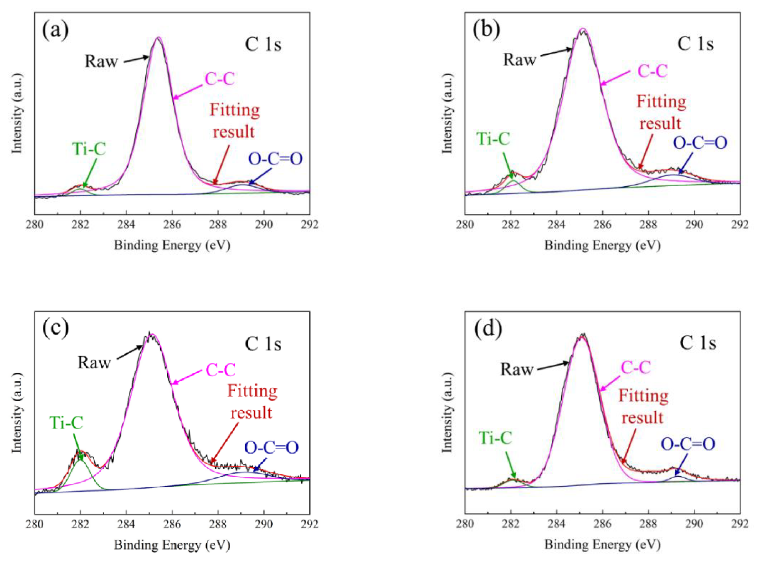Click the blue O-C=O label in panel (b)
(x=700, y=143)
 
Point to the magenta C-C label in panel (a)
(x=219, y=79)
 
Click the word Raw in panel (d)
(x=517, y=369)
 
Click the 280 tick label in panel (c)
(x=35, y=524)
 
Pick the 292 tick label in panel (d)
(x=740, y=524)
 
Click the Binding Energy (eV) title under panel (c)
(x=172, y=545)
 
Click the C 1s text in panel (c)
(x=263, y=344)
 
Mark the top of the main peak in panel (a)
(x=158, y=38)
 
